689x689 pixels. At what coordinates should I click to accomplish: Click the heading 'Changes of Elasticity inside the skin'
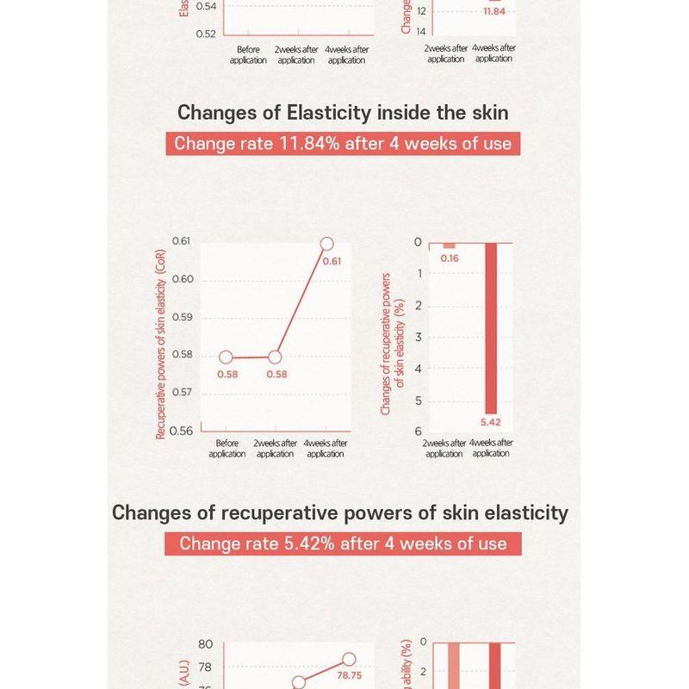click(x=343, y=113)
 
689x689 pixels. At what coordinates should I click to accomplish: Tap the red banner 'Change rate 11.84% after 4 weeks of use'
click(x=343, y=143)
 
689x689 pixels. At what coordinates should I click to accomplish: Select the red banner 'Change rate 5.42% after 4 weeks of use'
click(x=343, y=543)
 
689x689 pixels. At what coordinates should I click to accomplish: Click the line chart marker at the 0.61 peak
click(x=326, y=245)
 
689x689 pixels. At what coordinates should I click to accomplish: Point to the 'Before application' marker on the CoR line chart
click(x=226, y=357)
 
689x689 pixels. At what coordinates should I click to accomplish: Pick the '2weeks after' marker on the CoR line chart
click(x=276, y=357)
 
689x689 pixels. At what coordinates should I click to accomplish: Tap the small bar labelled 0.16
click(x=449, y=246)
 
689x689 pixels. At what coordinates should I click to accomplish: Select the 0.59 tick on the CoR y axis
click(x=182, y=317)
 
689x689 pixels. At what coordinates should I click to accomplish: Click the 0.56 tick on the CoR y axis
click(x=182, y=431)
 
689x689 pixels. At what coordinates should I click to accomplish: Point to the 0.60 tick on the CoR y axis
click(x=182, y=279)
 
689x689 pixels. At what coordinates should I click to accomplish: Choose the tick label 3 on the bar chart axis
click(x=419, y=337)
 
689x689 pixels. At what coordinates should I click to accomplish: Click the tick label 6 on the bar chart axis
click(x=419, y=431)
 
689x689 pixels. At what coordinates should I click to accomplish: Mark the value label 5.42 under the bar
click(x=491, y=422)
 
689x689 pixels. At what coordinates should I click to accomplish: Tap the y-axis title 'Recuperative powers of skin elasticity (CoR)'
click(x=160, y=344)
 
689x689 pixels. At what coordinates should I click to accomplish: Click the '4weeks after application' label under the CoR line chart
click(x=326, y=449)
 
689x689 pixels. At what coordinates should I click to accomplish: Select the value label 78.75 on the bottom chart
click(x=349, y=676)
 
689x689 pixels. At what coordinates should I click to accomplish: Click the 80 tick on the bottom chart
click(x=205, y=645)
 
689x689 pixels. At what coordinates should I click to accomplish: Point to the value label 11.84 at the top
click(x=494, y=12)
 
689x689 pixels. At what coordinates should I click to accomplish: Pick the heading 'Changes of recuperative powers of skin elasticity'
click(x=340, y=512)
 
